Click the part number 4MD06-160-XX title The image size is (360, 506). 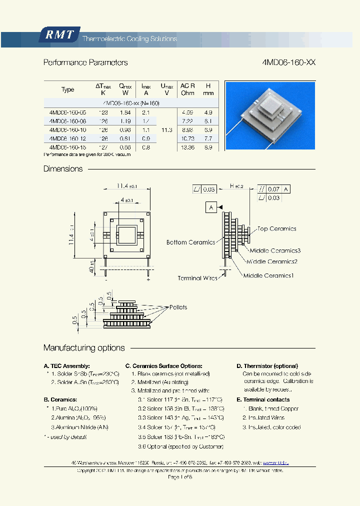(x=288, y=62)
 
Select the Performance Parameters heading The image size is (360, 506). (x=85, y=62)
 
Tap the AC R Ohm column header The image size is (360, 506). (x=187, y=89)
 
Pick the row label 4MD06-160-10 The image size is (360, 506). (x=67, y=129)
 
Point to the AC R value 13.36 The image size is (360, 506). (x=187, y=147)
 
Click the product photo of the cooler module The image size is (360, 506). (x=270, y=115)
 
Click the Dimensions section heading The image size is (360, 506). (x=63, y=169)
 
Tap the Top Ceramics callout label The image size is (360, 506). (x=276, y=229)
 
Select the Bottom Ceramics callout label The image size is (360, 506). (x=190, y=242)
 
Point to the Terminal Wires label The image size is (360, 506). (x=197, y=278)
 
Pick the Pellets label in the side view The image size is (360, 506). (x=178, y=307)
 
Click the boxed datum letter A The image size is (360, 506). (x=211, y=207)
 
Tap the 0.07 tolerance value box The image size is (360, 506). (x=273, y=189)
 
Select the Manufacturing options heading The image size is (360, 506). (x=84, y=348)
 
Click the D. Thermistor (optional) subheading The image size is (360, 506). (x=267, y=366)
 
